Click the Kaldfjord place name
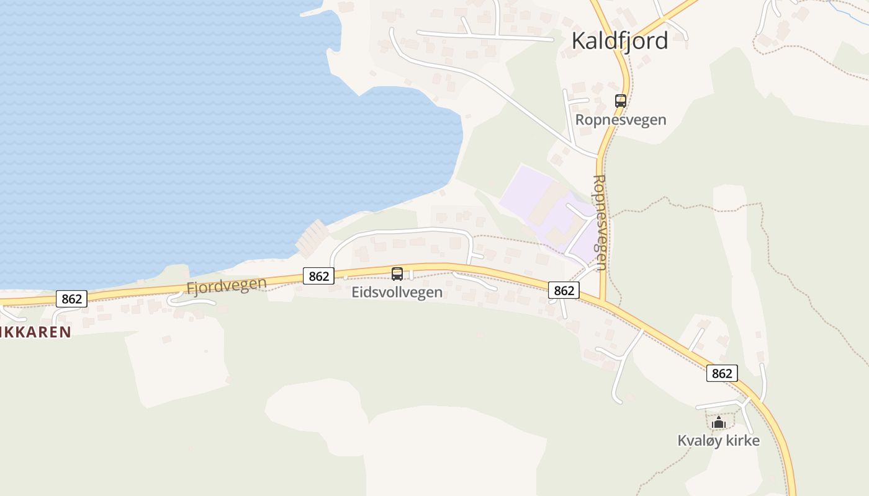[x=619, y=41]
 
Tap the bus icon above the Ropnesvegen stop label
[x=620, y=100]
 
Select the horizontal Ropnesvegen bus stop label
[x=620, y=120]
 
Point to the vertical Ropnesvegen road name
[x=600, y=222]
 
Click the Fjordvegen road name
[x=227, y=286]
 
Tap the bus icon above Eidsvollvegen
[x=397, y=273]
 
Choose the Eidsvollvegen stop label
[x=397, y=293]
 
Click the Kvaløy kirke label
[x=718, y=441]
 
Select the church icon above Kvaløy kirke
[x=719, y=423]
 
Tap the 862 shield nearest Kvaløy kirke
[x=722, y=373]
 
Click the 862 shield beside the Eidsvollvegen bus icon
[x=318, y=276]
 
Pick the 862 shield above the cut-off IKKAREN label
[x=71, y=299]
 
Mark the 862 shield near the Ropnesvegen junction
[x=564, y=290]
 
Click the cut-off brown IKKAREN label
[x=35, y=332]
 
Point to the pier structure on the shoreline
[x=312, y=238]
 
